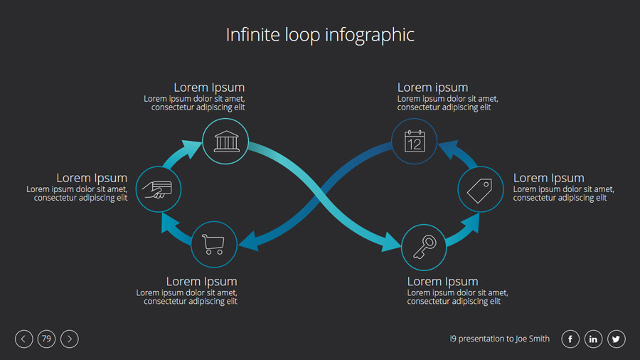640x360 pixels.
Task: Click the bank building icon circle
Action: (x=225, y=142)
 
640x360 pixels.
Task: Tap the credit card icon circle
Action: (x=158, y=189)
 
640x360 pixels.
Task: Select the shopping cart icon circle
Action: (x=214, y=244)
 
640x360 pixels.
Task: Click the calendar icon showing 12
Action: (x=414, y=141)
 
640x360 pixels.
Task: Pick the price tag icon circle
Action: (x=480, y=189)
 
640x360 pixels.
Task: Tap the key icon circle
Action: (x=424, y=247)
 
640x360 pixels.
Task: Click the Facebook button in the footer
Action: (x=570, y=339)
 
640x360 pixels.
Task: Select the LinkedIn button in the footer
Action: (x=593, y=339)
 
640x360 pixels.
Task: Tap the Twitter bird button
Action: (x=617, y=339)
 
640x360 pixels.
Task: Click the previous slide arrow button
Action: (x=23, y=339)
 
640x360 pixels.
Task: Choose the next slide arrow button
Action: (x=70, y=339)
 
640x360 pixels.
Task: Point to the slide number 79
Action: (x=46, y=339)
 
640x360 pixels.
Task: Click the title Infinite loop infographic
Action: (x=320, y=34)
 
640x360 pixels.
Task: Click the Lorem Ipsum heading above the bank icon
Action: (x=209, y=88)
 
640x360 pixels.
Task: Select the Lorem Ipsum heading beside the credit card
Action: (x=92, y=178)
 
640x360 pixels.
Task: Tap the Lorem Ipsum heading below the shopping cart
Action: (x=201, y=282)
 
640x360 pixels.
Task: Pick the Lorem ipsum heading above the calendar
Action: (x=432, y=88)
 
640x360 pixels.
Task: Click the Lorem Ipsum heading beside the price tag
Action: (x=548, y=178)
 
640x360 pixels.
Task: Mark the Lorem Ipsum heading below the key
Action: (x=442, y=282)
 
